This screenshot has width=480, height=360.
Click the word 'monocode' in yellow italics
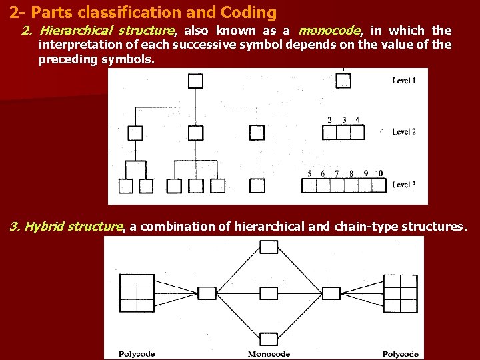tap(330, 31)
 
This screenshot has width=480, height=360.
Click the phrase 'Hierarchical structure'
tap(106, 31)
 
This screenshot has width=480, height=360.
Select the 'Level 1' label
tap(404, 81)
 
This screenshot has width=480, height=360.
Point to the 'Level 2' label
tap(404, 131)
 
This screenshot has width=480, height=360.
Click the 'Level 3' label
tap(404, 185)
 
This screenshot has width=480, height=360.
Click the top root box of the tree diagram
tap(195, 81)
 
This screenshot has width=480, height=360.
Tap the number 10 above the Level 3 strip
tap(378, 173)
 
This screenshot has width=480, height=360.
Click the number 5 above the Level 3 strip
tap(309, 173)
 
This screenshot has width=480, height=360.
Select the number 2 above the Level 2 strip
tap(329, 120)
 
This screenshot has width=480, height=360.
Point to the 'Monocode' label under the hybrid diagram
tap(269, 354)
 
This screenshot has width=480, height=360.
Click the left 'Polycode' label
tap(137, 354)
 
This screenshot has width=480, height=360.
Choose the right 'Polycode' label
tap(401, 354)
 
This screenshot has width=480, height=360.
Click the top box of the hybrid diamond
tap(269, 247)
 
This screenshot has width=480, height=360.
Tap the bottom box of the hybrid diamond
tap(269, 339)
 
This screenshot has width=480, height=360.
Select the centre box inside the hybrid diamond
tap(269, 293)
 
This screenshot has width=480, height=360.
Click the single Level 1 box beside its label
tap(343, 81)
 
